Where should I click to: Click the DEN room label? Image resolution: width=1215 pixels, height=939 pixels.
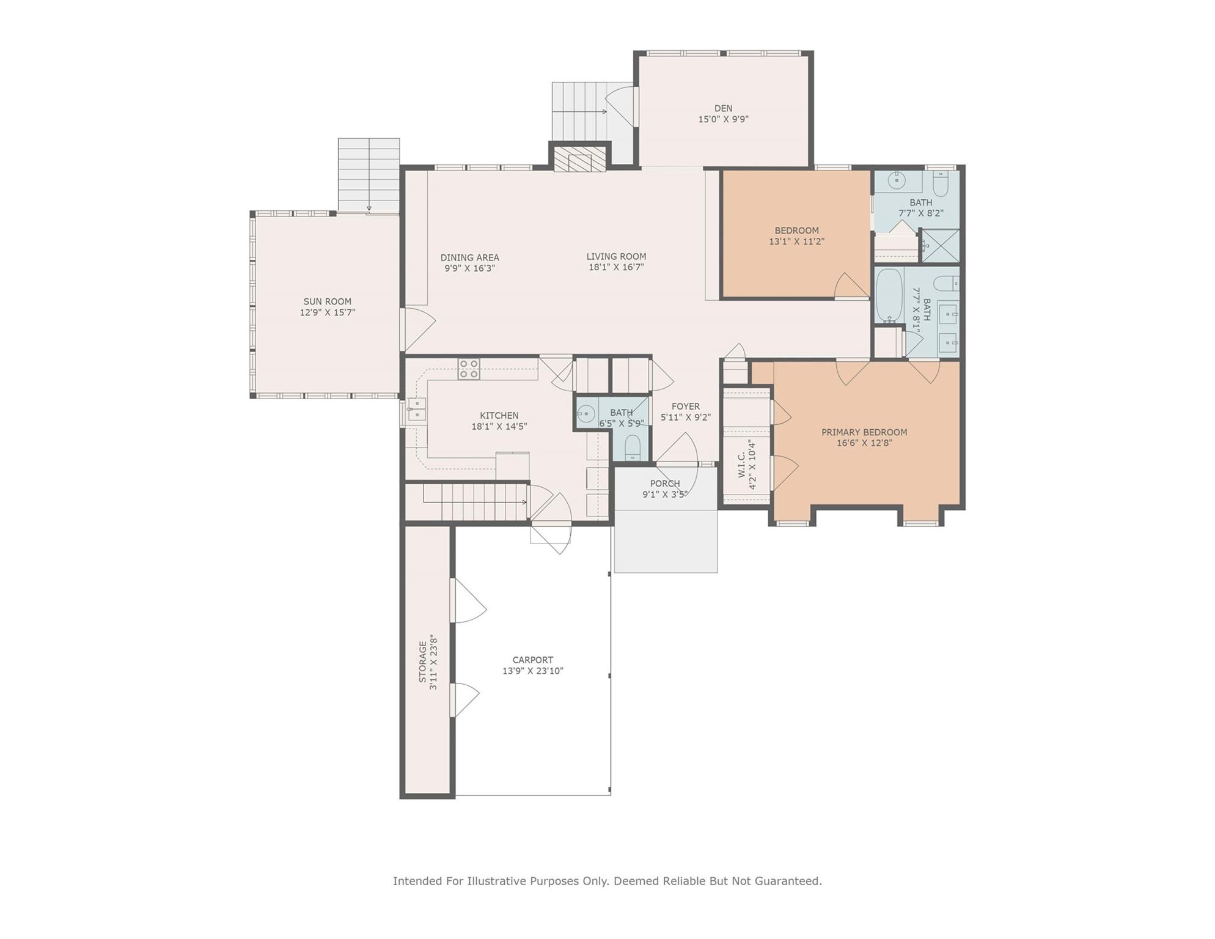point(723,108)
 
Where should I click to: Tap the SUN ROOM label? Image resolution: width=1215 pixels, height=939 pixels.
point(328,301)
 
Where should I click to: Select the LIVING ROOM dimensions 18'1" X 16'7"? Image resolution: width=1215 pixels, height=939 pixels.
point(616,267)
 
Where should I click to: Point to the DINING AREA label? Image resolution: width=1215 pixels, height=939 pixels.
point(469,257)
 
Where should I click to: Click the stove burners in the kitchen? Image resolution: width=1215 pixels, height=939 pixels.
point(469,369)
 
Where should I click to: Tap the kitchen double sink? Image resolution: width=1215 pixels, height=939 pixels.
point(416,409)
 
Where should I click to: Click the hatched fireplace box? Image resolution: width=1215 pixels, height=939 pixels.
point(580,159)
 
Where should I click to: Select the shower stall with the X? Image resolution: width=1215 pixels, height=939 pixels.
point(941,246)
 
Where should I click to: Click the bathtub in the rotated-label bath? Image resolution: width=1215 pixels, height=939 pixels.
point(889,295)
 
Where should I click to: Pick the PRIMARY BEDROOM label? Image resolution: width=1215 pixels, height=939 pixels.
point(864,432)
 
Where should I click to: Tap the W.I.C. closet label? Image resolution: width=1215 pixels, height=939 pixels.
point(742,465)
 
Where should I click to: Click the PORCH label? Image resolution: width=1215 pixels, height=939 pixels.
point(665,484)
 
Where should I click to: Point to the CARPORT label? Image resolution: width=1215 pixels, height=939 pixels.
point(533,660)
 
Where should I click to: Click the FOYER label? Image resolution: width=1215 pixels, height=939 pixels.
point(686,407)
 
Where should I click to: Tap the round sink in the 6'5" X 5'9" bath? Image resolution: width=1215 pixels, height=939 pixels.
point(585,414)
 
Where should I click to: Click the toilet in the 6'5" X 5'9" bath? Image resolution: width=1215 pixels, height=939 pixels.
point(633,447)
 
